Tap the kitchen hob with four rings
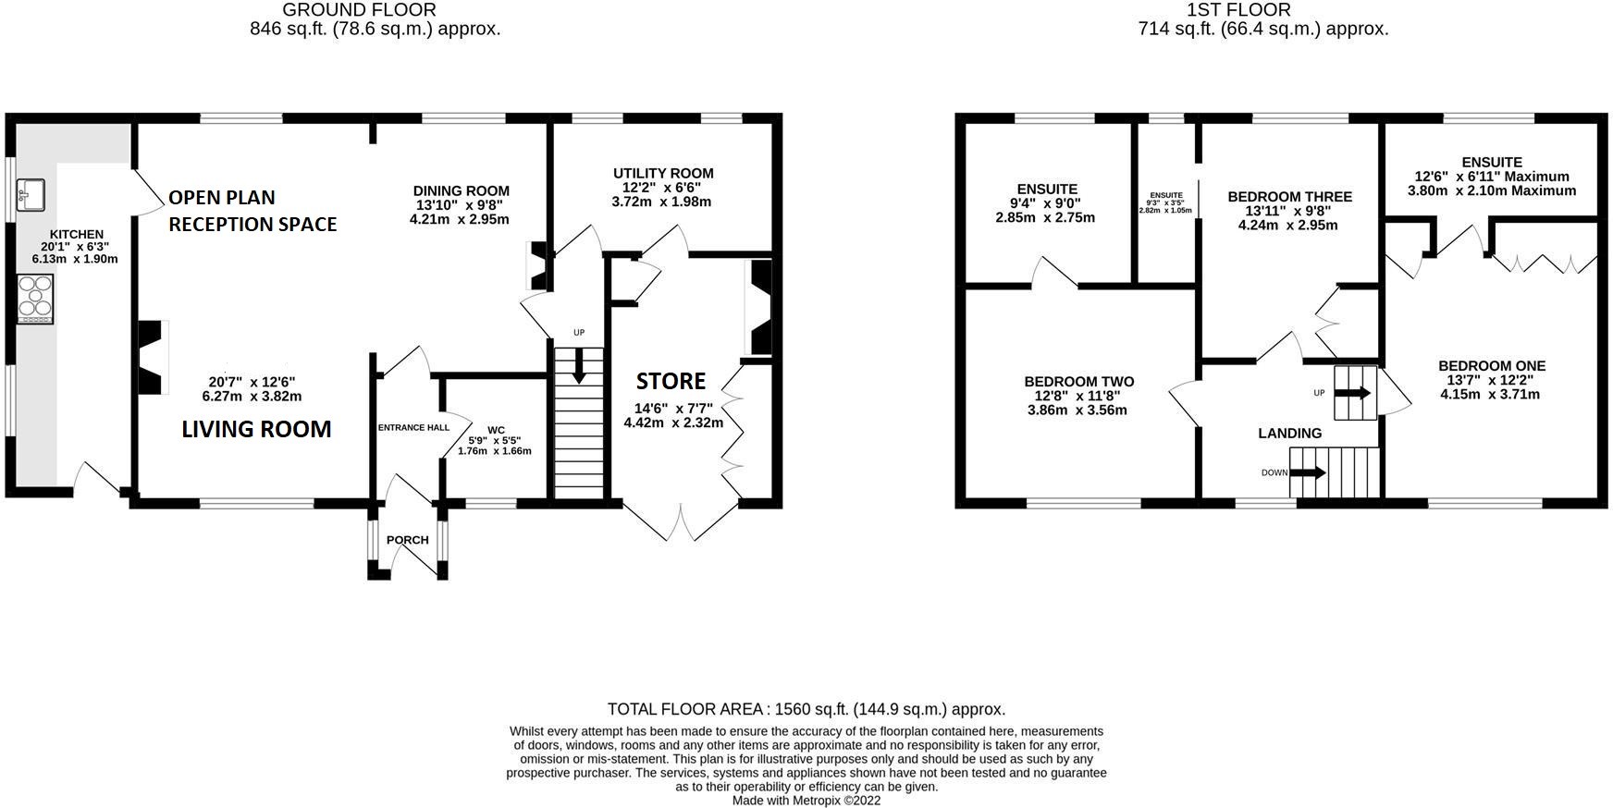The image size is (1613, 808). [35, 300]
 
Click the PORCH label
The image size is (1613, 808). [408, 540]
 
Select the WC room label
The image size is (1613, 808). [497, 430]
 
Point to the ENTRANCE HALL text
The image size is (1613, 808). [413, 427]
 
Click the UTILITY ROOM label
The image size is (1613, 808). [663, 173]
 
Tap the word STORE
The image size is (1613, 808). [671, 381]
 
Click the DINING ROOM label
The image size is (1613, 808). [462, 191]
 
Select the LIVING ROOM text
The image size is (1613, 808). [256, 429]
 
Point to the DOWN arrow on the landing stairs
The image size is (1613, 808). [1308, 472]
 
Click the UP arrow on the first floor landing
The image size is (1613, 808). [1353, 393]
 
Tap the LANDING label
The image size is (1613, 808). [1290, 433]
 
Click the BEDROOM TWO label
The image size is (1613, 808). [1079, 382]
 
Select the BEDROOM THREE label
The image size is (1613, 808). [1290, 197]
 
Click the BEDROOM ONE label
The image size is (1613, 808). [1492, 366]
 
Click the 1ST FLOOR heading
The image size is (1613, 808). [1239, 10]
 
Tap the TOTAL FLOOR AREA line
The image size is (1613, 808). [806, 709]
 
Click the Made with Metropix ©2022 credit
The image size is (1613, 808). [806, 801]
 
